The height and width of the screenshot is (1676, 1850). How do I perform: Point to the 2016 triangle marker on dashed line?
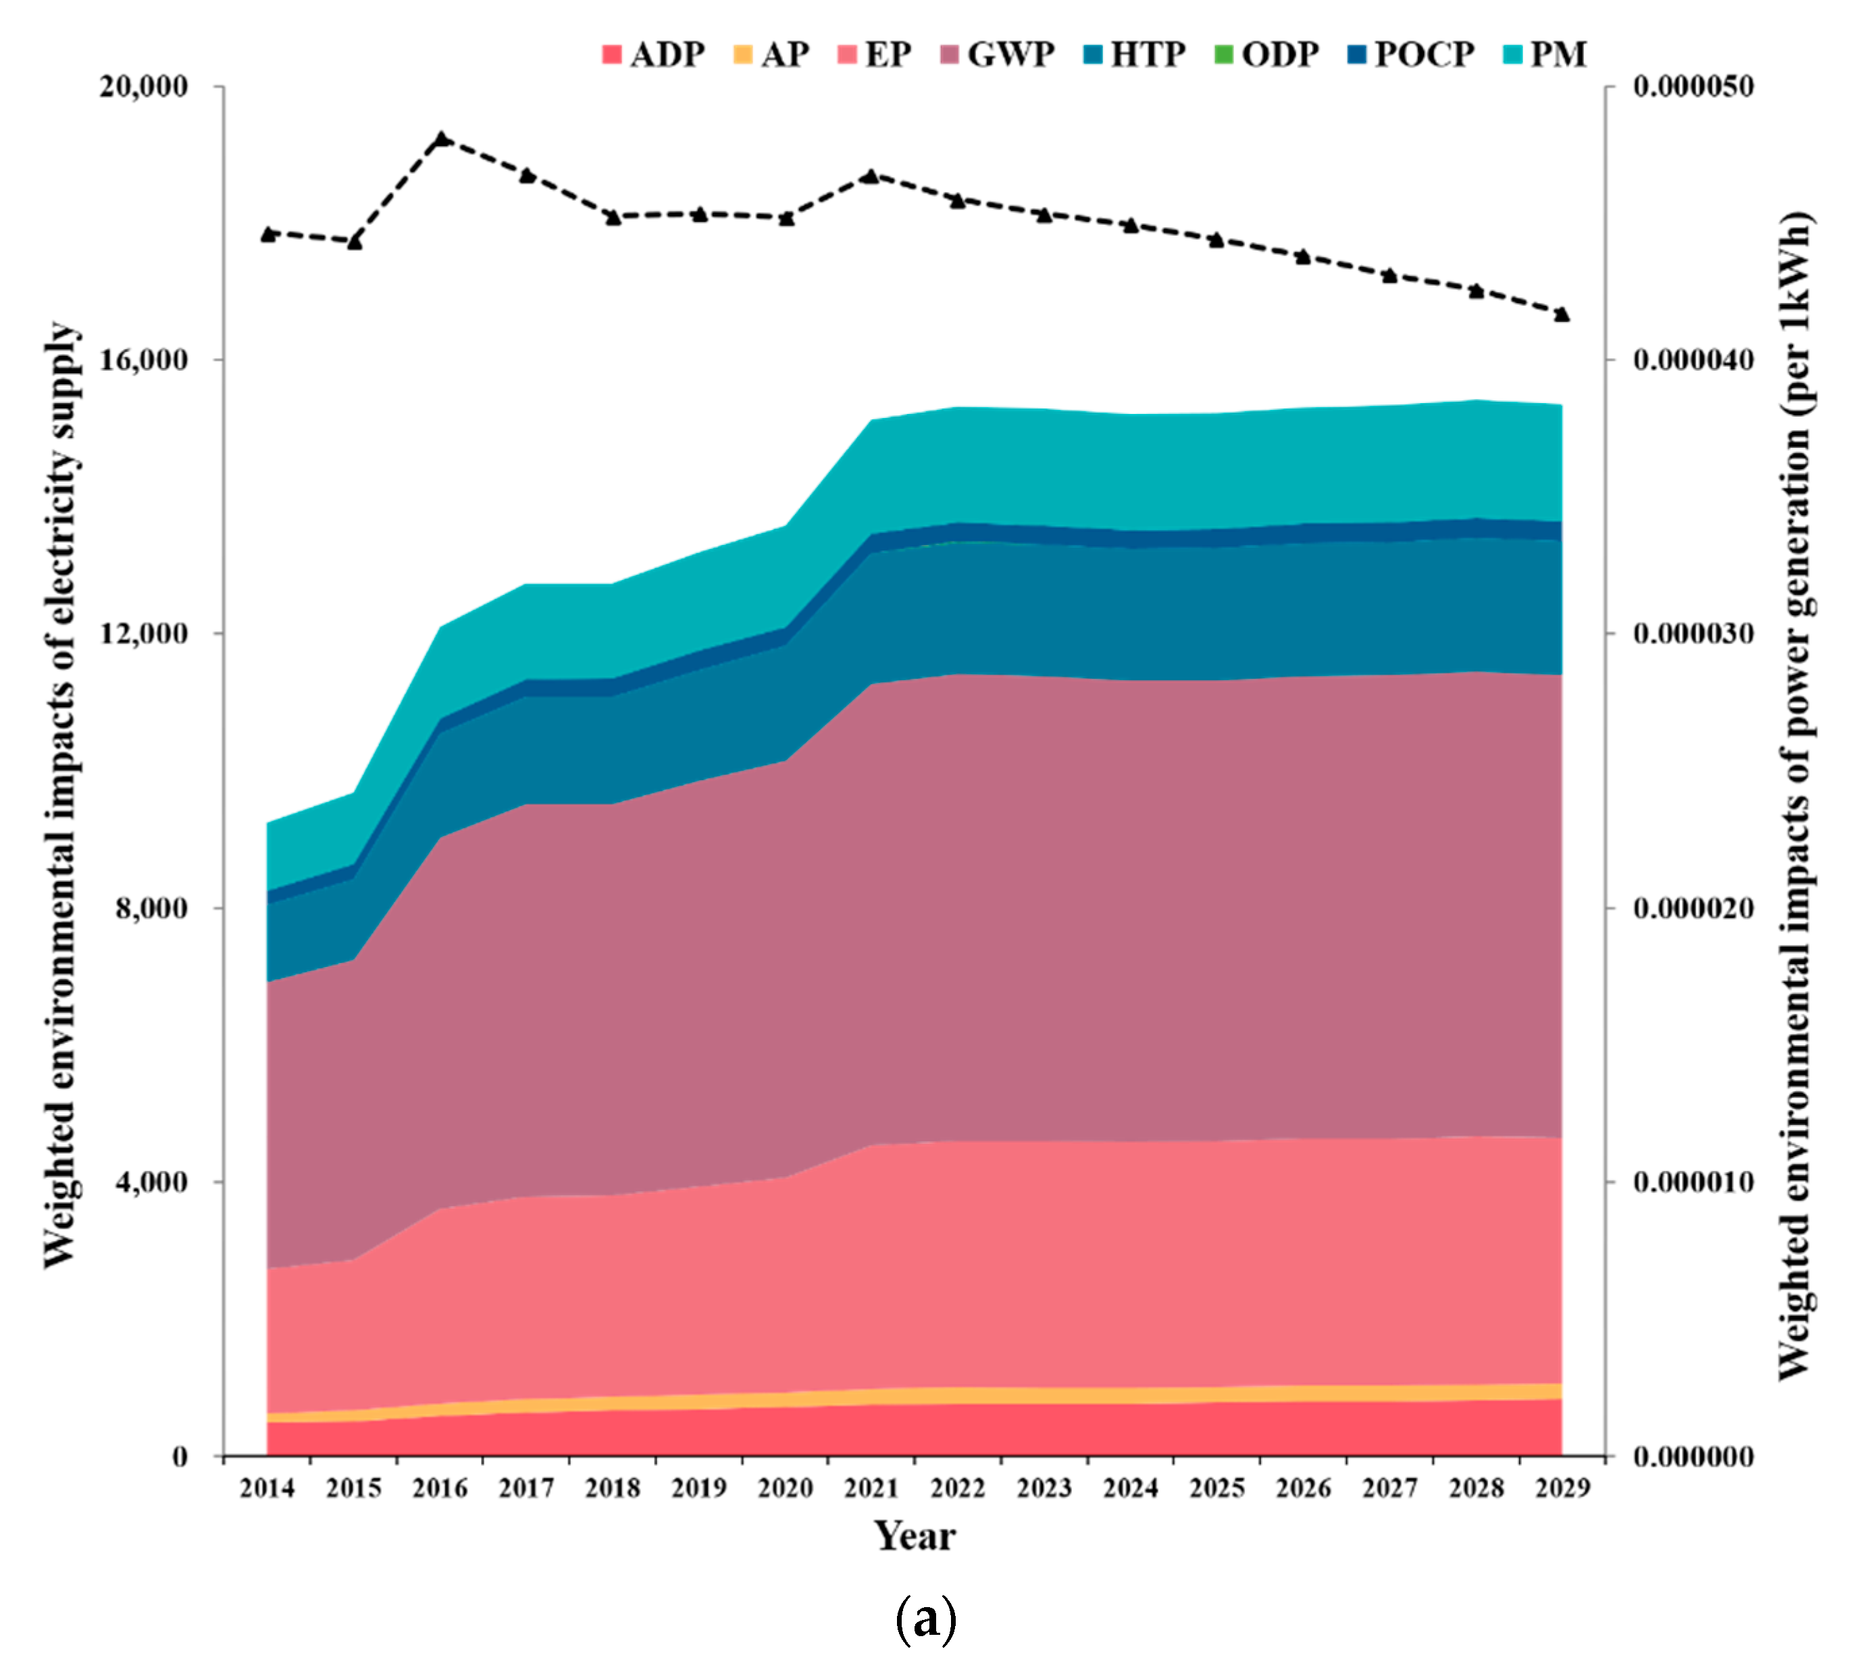coord(442,139)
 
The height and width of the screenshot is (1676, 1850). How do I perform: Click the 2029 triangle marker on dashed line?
coord(1562,315)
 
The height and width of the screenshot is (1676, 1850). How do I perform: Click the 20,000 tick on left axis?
coord(143,86)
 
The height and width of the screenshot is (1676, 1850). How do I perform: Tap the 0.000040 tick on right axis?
coord(1693,360)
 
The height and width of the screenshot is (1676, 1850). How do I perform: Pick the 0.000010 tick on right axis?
coord(1693,1182)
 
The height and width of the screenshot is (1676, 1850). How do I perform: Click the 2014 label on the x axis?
coord(267,1488)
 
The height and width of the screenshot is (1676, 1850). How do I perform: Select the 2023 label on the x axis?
coord(1044,1488)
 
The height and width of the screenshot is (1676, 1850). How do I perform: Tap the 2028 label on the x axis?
coord(1476,1488)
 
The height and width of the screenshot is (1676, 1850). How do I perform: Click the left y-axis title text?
coord(61,796)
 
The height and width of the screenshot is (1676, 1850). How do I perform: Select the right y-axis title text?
coord(1795,796)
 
